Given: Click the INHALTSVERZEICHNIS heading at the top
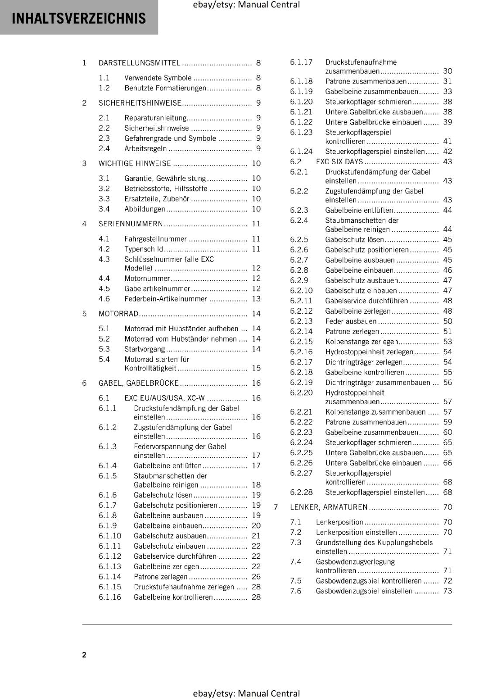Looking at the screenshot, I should tap(79, 18).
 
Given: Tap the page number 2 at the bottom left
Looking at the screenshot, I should tap(84, 654).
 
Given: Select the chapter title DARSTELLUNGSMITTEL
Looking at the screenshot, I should tap(139, 63).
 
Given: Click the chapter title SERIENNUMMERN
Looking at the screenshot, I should tap(130, 224).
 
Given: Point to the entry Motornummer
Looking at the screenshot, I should tap(147, 278).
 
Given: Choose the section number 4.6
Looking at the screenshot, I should tap(104, 299).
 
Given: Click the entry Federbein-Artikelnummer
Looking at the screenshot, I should tap(165, 299).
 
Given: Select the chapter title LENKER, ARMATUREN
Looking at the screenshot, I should tap(329, 507).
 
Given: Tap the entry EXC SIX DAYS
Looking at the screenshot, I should tap(339, 162).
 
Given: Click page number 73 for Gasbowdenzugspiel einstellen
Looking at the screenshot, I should tap(447, 591).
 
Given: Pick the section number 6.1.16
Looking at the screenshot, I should tap(110, 597).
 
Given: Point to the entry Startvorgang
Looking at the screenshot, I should tap(144, 349).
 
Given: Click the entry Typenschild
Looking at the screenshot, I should tap(144, 249).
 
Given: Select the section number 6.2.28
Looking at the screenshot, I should tap(301, 492).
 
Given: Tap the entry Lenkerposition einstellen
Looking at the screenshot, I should tap(356, 532).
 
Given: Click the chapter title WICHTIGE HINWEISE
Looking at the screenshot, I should tap(134, 163).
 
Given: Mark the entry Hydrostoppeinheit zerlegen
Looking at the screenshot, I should tap(369, 352).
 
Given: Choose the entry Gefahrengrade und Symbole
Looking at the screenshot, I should tap(170, 138).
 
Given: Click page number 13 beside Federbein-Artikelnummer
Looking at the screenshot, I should tap(256, 299).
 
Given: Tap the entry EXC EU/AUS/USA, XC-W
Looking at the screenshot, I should tap(164, 398).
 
